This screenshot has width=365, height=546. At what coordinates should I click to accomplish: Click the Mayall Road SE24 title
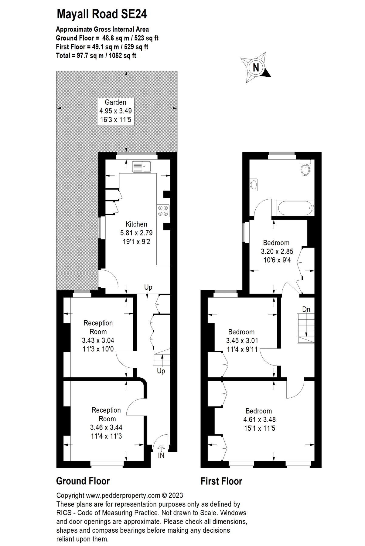[102, 14]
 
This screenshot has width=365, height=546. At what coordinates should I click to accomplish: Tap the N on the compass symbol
[256, 67]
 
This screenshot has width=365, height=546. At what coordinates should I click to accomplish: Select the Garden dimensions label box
[115, 111]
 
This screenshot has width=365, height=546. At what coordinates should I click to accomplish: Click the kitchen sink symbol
[142, 167]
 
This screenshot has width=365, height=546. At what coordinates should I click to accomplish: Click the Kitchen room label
[136, 224]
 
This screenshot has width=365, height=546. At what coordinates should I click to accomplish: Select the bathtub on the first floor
[295, 208]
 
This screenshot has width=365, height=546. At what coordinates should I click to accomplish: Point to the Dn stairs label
[306, 309]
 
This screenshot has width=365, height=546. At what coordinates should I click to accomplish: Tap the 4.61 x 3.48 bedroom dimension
[259, 420]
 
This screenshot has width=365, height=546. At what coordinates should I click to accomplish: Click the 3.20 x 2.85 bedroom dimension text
[277, 251]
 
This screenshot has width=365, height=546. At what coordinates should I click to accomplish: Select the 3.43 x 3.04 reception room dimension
[98, 340]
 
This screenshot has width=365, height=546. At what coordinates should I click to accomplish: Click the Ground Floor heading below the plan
[83, 481]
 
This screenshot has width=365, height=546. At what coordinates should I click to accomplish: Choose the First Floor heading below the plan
[221, 481]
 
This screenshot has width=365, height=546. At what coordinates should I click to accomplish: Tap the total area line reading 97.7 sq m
[96, 56]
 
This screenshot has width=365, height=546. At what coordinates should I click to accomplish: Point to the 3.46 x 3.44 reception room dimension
[106, 427]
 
